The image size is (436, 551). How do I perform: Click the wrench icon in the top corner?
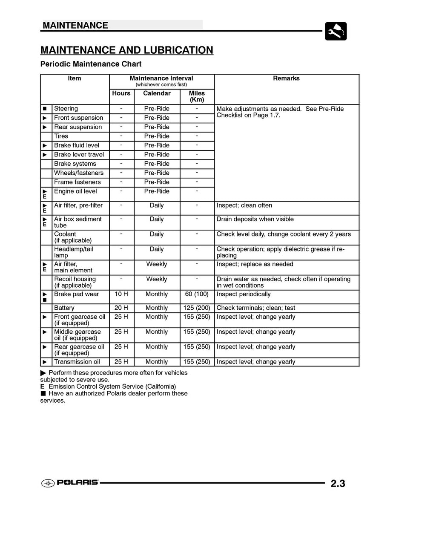click(x=336, y=31)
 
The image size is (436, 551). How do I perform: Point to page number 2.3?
click(x=338, y=483)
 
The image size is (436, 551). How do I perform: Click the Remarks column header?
click(x=286, y=78)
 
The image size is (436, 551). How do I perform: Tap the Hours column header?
click(x=121, y=93)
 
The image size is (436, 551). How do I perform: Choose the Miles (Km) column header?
click(x=197, y=96)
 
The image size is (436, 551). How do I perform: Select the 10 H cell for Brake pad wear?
click(x=121, y=294)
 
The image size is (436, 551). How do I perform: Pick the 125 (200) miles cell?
click(x=197, y=308)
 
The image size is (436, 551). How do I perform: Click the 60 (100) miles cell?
click(x=197, y=294)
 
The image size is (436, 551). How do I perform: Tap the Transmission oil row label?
click(x=77, y=362)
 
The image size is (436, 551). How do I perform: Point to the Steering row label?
click(x=66, y=109)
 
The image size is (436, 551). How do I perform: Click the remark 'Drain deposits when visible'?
click(x=255, y=219)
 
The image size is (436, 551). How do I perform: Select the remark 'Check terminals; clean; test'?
click(x=256, y=308)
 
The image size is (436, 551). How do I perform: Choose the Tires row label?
click(x=61, y=136)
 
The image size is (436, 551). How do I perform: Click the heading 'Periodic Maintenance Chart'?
click(x=91, y=64)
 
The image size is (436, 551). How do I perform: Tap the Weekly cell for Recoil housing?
click(x=157, y=279)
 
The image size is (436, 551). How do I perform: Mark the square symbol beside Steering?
click(x=45, y=109)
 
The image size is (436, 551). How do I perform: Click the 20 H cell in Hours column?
click(x=121, y=308)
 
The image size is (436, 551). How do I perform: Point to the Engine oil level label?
click(x=75, y=191)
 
